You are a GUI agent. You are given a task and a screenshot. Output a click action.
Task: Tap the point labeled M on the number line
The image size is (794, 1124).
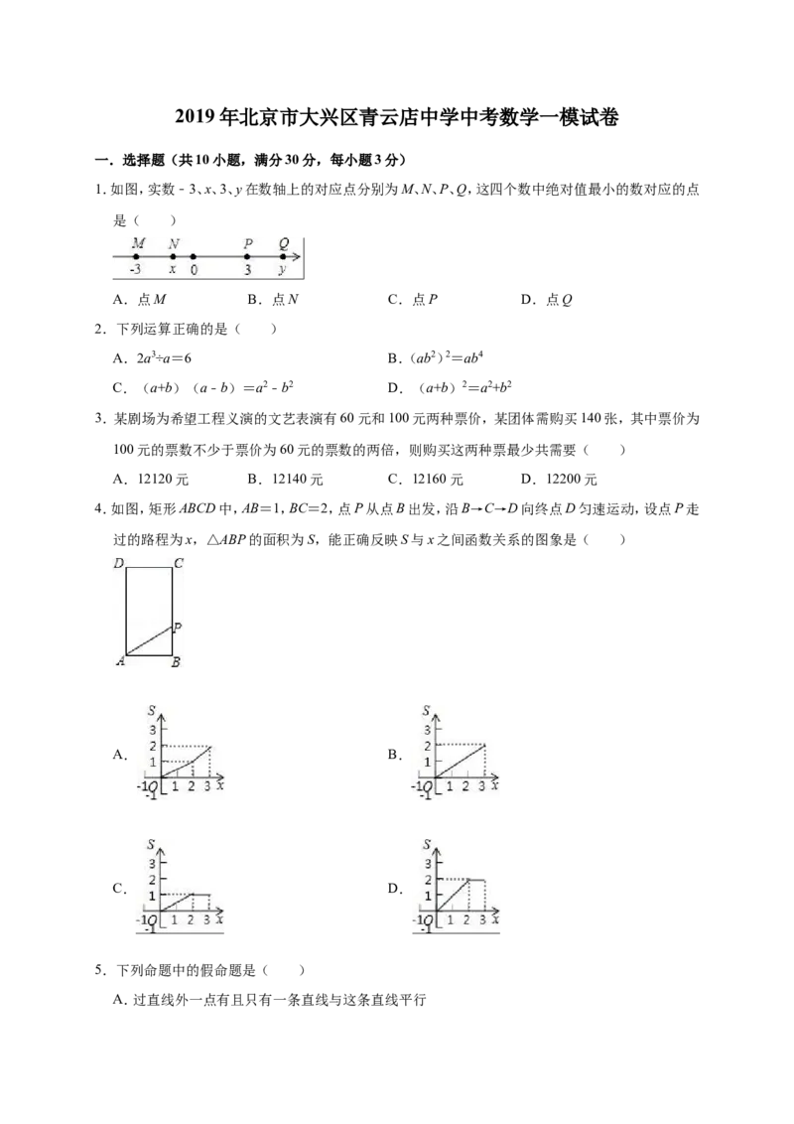coord(137,256)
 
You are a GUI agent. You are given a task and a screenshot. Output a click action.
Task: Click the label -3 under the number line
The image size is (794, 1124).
coord(135,270)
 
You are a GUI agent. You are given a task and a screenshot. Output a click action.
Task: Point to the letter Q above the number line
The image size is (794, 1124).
coord(284,243)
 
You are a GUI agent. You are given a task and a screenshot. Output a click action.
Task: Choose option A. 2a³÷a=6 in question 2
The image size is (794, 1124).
coord(152,357)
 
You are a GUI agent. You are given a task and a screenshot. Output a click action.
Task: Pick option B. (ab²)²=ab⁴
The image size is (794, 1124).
coord(436,357)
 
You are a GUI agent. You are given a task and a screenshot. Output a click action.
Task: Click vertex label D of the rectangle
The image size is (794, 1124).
coord(119,563)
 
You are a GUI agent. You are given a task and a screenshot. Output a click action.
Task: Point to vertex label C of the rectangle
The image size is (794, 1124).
coord(179,563)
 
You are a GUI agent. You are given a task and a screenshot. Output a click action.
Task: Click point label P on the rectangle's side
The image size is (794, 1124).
coord(178,628)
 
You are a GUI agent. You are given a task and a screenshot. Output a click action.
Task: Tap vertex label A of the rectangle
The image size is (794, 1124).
coord(120,661)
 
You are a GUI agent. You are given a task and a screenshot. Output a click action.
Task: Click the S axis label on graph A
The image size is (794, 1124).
coord(151,710)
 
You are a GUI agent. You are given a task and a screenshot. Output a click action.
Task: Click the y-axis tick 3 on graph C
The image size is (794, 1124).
coord(152,863)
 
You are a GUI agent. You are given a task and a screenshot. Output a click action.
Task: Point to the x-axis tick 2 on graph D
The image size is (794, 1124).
coord(466,919)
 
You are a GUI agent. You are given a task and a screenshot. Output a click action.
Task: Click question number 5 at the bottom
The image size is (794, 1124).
coord(100,971)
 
